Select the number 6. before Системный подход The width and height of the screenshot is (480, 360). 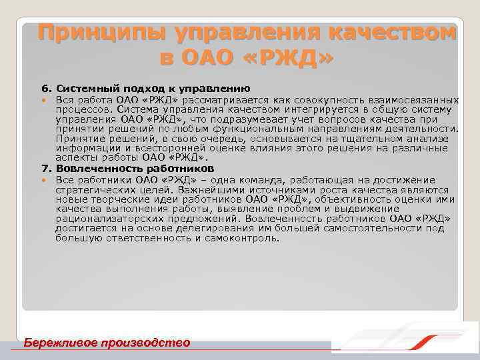point(46,88)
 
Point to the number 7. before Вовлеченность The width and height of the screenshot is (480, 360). point(46,169)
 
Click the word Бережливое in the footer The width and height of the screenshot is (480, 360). point(59,343)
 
